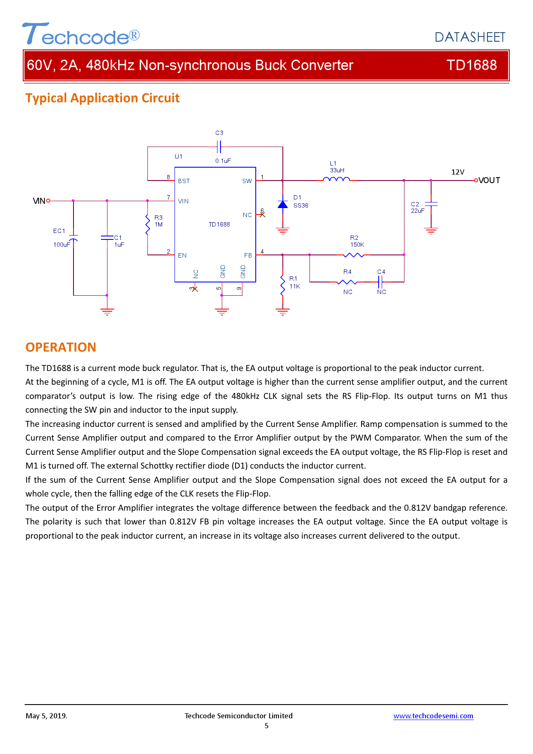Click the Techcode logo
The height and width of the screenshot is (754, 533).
(x=81, y=34)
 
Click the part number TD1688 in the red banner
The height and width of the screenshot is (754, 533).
(x=472, y=65)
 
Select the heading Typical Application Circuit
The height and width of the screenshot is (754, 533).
(x=102, y=98)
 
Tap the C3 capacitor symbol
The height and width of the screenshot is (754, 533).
(x=219, y=147)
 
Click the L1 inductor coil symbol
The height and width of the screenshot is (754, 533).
(x=337, y=180)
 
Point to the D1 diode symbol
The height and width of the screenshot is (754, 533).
(x=282, y=204)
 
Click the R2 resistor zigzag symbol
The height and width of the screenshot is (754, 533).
(x=354, y=255)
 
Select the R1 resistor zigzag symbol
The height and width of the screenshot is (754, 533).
(x=282, y=285)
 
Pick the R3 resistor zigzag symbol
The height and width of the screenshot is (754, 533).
(x=147, y=224)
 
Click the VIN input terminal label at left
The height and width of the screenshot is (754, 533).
(x=39, y=201)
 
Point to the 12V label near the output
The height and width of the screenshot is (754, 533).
(x=458, y=172)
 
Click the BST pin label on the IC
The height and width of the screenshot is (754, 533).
(x=184, y=181)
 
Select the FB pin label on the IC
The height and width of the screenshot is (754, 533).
(x=248, y=255)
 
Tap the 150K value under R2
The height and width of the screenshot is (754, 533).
(x=357, y=245)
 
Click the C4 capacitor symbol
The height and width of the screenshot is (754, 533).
(x=380, y=282)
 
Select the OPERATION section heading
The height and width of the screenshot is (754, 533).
(x=61, y=347)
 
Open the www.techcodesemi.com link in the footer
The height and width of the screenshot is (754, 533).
(x=433, y=716)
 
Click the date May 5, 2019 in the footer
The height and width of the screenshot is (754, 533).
(x=46, y=716)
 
